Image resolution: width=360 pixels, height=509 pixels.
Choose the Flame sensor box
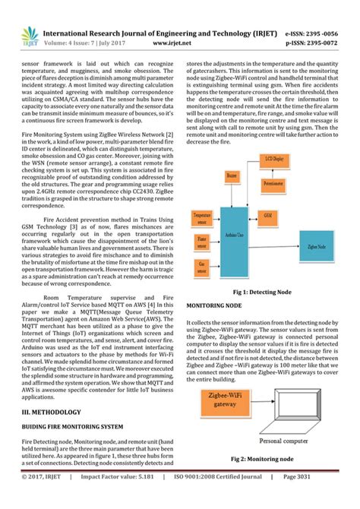click(x=201, y=241)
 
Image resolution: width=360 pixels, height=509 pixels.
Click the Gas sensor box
click(x=201, y=265)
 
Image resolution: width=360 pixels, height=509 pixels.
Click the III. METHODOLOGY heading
click(x=52, y=411)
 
